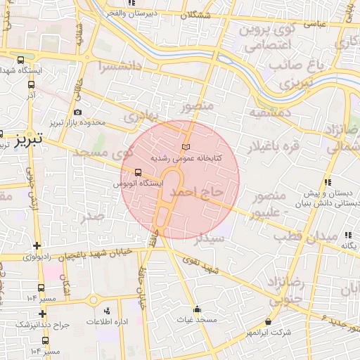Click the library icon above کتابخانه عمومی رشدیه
pos(186,146)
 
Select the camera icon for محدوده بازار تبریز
pos(77,112)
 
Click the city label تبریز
pos(30,138)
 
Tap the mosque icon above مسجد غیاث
pos(197,308)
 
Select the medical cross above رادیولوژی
pos(37,245)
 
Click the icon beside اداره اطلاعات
pos(107,310)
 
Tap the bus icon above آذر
pos(31,83)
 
